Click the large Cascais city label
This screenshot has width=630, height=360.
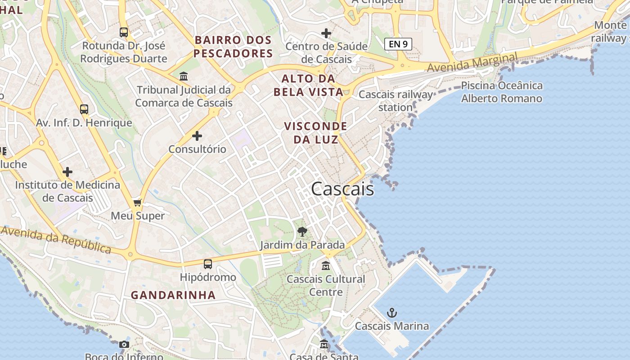pyautogui.click(x=342, y=189)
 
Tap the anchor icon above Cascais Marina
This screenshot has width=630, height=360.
pyautogui.click(x=392, y=312)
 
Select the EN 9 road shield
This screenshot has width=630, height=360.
pyautogui.click(x=398, y=44)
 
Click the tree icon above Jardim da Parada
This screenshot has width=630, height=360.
pyautogui.click(x=302, y=232)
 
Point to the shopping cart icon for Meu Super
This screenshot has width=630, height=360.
pyautogui.click(x=138, y=203)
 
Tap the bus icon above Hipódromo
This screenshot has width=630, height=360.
pyautogui.click(x=207, y=264)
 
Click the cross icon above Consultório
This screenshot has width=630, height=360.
pyautogui.click(x=197, y=135)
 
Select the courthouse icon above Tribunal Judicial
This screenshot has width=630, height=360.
pyautogui.click(x=184, y=76)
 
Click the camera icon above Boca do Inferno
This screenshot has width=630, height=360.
pyautogui.click(x=124, y=345)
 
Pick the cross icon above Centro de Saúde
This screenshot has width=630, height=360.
pyautogui.click(x=326, y=33)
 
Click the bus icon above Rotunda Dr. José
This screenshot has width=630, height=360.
pyautogui.click(x=124, y=32)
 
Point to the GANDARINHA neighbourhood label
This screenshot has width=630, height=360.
pyautogui.click(x=173, y=295)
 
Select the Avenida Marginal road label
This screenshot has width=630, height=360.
pyautogui.click(x=472, y=63)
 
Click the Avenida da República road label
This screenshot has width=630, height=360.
pyautogui.click(x=56, y=239)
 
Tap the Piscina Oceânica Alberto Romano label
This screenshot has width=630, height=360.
pyautogui.click(x=502, y=92)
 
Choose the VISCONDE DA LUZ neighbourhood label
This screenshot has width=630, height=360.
pyautogui.click(x=315, y=133)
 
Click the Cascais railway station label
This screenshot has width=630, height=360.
pyautogui.click(x=396, y=101)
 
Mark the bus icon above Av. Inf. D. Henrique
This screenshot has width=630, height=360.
pyautogui.click(x=84, y=109)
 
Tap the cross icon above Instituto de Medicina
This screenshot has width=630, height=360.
pyautogui.click(x=67, y=172)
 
